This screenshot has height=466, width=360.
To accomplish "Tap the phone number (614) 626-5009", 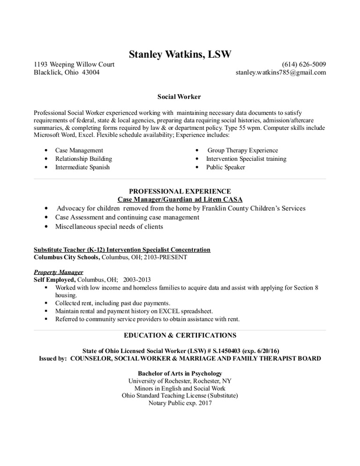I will click(x=304, y=64).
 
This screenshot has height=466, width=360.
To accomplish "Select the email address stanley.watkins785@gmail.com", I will click(x=280, y=73).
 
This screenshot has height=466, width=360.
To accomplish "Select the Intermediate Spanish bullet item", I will click(x=82, y=167).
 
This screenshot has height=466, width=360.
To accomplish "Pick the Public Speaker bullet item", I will click(x=225, y=167).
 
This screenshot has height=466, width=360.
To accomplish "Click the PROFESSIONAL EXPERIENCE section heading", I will click(x=179, y=191).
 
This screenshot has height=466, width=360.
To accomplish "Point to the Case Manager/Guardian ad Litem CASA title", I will click(x=179, y=199).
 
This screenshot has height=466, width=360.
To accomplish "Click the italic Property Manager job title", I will click(x=58, y=272).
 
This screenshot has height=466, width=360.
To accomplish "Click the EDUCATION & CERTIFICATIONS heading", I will click(x=179, y=336).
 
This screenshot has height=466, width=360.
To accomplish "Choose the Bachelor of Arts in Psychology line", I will click(x=179, y=373).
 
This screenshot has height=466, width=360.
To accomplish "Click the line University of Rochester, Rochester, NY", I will click(x=179, y=381).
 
